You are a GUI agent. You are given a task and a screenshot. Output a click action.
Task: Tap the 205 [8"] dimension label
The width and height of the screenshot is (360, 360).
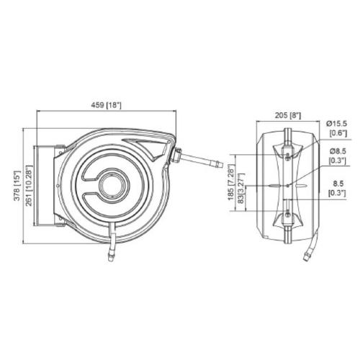[x=287, y=114]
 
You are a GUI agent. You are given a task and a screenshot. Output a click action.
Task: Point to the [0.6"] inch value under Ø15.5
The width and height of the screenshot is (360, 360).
[x=337, y=133]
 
